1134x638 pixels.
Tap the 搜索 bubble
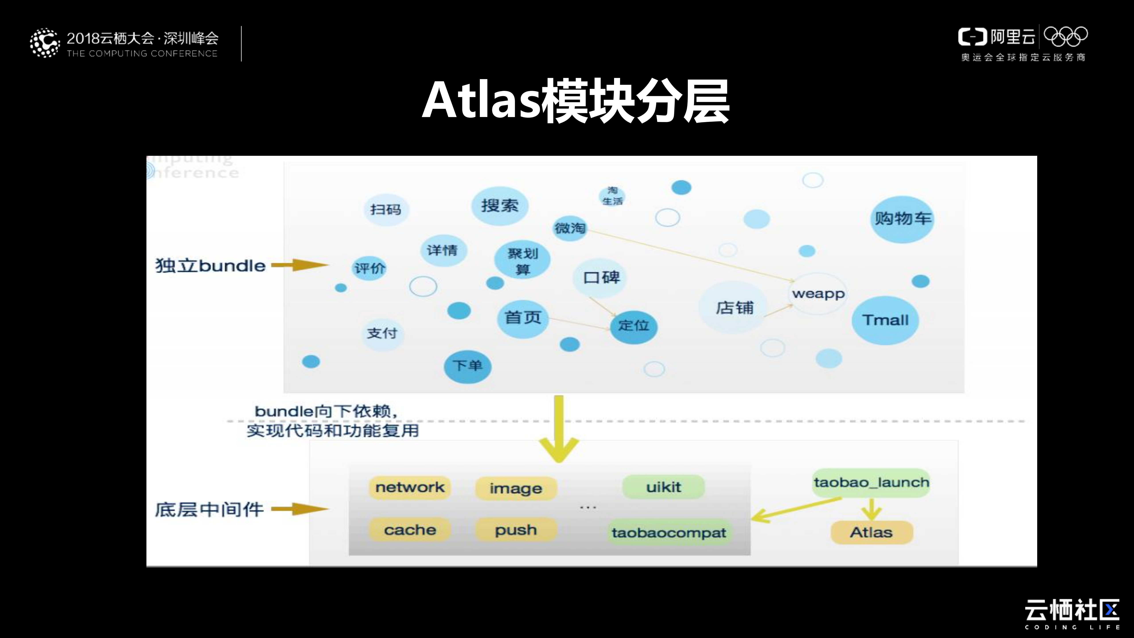(500, 206)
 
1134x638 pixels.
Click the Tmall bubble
(885, 320)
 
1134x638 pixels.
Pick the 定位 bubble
(634, 326)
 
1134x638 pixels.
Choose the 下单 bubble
(467, 366)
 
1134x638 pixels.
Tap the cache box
(410, 530)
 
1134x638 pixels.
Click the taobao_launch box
(871, 483)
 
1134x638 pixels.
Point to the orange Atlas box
(871, 532)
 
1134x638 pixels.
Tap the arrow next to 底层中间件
(299, 509)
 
